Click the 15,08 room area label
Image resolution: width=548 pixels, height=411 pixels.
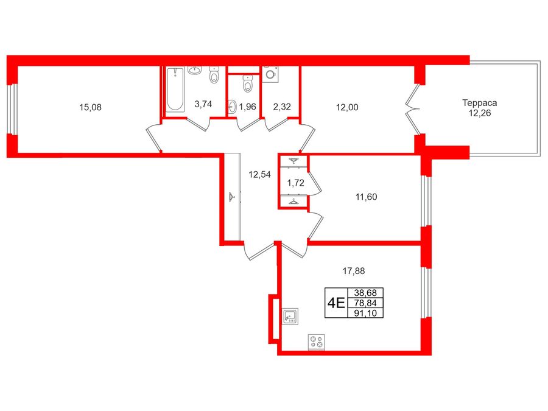(90, 107)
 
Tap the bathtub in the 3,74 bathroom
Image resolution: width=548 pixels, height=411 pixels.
(175, 90)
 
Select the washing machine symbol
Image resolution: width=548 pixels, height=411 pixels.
(270, 74)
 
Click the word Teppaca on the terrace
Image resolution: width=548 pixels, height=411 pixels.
(480, 103)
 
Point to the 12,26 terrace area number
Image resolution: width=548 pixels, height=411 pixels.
(480, 113)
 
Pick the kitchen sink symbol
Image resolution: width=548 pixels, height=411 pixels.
(290, 316)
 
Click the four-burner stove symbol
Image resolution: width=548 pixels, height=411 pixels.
(316, 342)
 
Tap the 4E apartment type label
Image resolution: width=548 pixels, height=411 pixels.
(336, 303)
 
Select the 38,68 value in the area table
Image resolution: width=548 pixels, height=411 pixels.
(365, 292)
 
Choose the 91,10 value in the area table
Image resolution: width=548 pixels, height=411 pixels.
(365, 313)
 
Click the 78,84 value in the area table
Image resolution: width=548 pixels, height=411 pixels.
(365, 303)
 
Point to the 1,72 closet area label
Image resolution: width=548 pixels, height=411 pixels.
(295, 183)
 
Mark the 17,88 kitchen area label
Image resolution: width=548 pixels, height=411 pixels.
(354, 271)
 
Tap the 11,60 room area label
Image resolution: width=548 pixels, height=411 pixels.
(367, 197)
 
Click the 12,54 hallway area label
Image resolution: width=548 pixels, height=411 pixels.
(259, 174)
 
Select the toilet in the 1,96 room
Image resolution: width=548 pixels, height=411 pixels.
(248, 83)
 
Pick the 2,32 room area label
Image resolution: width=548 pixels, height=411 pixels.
(282, 107)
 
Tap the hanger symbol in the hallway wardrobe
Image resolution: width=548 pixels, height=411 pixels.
(231, 197)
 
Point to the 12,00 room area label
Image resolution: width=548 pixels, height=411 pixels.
(347, 107)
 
